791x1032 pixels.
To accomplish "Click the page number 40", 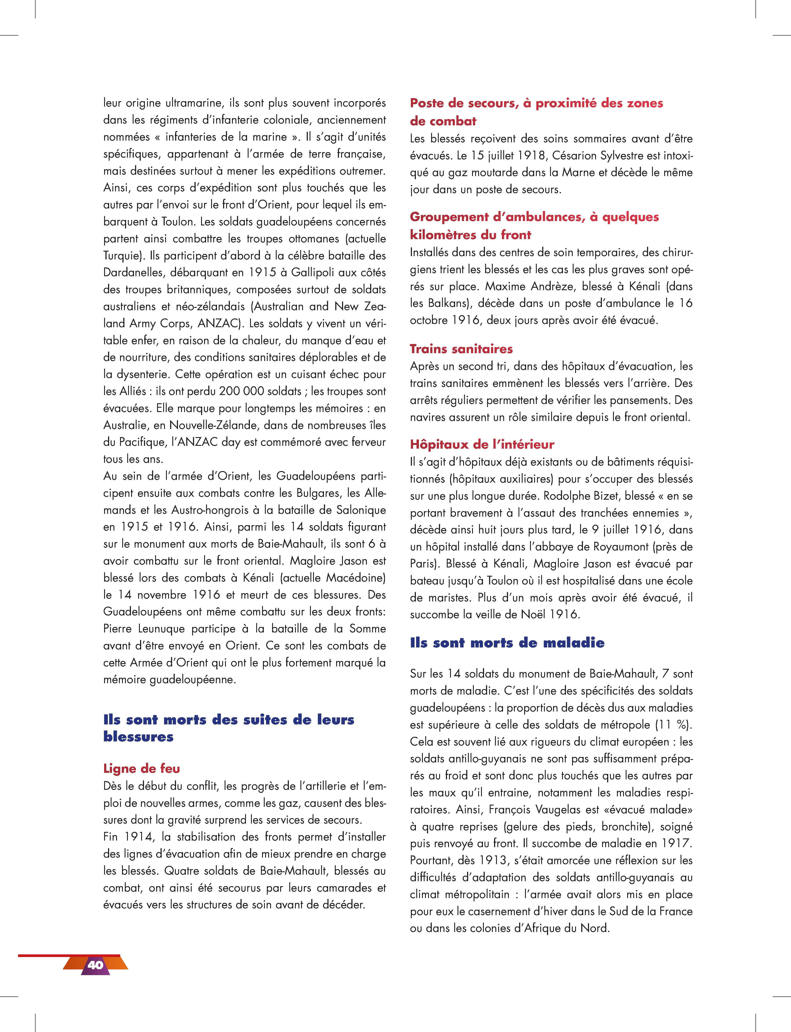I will coord(95,965).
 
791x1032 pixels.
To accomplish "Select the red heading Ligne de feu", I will coord(141,769).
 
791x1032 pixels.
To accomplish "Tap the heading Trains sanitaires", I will coord(461,349).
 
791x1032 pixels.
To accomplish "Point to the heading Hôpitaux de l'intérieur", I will coord(482,444).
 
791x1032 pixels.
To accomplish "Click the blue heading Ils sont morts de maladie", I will coord(507,643).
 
